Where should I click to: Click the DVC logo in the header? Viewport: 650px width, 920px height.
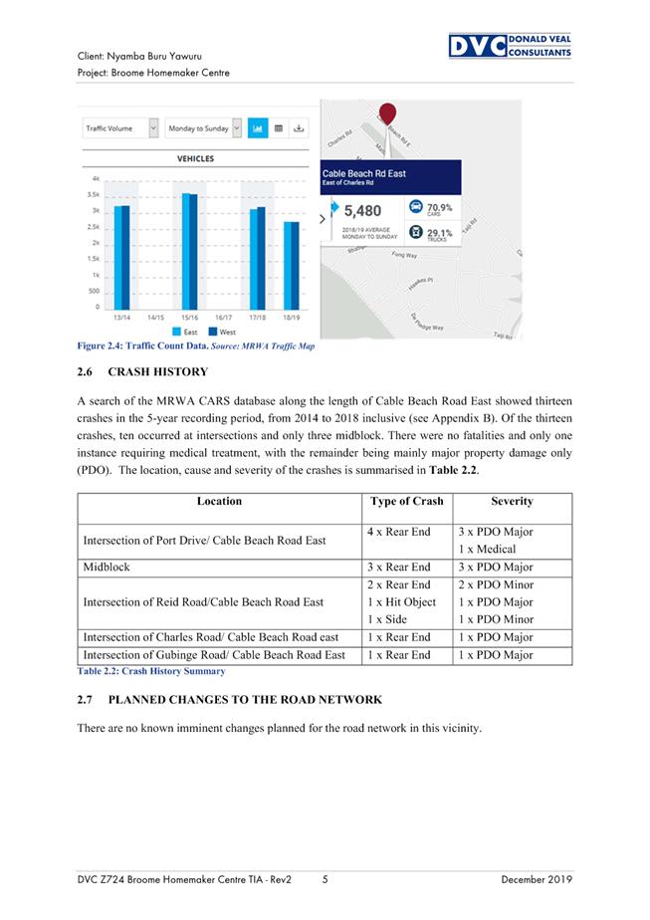509,46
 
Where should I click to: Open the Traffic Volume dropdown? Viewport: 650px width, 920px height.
120,128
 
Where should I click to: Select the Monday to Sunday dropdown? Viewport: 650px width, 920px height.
204,128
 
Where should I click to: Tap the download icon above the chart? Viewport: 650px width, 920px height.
300,128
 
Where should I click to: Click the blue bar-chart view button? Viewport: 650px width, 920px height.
257,128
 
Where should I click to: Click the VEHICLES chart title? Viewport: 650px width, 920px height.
195,159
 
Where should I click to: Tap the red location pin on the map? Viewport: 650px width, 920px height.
389,115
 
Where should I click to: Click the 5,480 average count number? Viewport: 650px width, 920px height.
362,211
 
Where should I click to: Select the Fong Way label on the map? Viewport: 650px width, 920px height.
404,255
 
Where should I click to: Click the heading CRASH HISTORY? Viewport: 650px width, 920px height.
157,372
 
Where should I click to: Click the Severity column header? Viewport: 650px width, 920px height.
512,502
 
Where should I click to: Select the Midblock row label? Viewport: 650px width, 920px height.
107,567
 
